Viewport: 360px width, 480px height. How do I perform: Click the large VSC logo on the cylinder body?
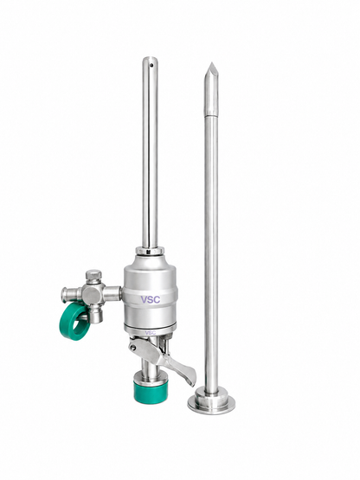tap(151, 299)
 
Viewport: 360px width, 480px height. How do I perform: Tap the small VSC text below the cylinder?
tap(151, 332)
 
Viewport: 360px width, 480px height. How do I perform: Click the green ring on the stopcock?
tap(74, 323)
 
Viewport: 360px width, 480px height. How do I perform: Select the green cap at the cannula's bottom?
tap(151, 392)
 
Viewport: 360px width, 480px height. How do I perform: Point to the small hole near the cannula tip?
tap(151, 65)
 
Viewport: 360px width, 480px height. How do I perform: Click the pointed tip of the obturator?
tap(211, 63)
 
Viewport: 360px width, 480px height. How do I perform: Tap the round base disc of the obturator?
tap(211, 403)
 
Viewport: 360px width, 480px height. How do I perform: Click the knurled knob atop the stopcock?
tap(93, 274)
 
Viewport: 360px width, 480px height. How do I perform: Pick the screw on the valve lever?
tap(133, 348)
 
